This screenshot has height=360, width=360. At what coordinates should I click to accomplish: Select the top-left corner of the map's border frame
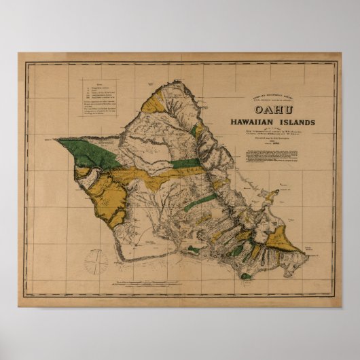(x=26, y=62)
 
